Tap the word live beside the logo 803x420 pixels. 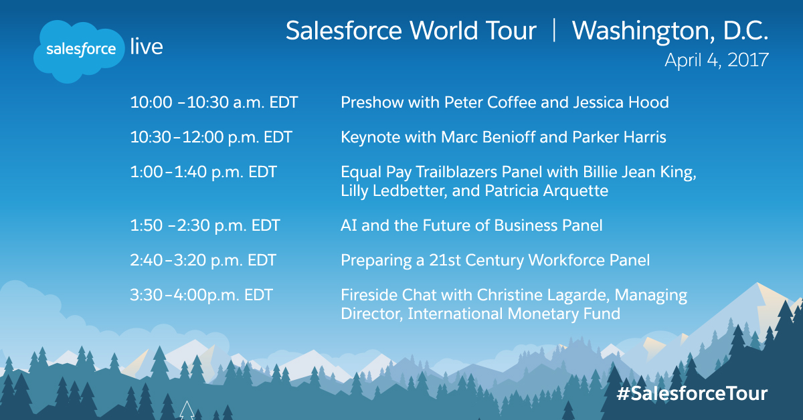pyautogui.click(x=147, y=47)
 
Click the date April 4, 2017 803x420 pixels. pyautogui.click(x=717, y=60)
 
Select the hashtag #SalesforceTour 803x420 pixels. pyautogui.click(x=692, y=393)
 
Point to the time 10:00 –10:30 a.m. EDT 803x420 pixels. pyautogui.click(x=213, y=102)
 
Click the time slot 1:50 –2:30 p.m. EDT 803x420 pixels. pyautogui.click(x=205, y=225)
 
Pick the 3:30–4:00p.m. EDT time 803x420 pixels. pyautogui.click(x=201, y=295)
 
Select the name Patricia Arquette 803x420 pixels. pyautogui.click(x=546, y=191)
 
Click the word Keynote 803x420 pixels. pyautogui.click(x=370, y=137)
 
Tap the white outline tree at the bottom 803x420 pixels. pyautogui.click(x=187, y=411)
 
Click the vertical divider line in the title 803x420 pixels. pyautogui.click(x=554, y=30)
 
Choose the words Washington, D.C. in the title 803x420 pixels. pyautogui.click(x=670, y=31)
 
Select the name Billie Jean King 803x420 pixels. pyautogui.click(x=640, y=172)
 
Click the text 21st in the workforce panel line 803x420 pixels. pyautogui.click(x=445, y=260)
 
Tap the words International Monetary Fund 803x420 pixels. pyautogui.click(x=514, y=314)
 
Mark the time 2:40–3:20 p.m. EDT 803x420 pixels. pyautogui.click(x=203, y=260)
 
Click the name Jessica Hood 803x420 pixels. pyautogui.click(x=621, y=102)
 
